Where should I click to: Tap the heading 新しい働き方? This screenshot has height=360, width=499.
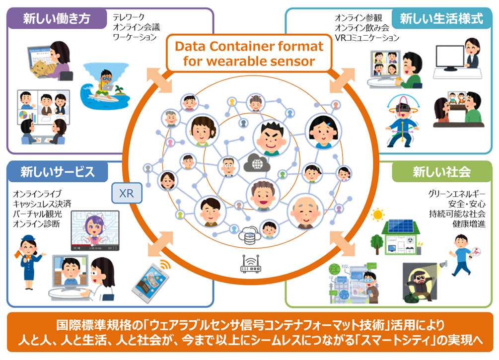[x=57, y=19]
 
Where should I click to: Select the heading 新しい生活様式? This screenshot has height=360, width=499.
[x=441, y=19]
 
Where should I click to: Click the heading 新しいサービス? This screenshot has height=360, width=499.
[x=57, y=172]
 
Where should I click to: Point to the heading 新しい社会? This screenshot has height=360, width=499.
[x=441, y=172]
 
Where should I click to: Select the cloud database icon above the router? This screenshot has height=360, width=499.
[x=248, y=235]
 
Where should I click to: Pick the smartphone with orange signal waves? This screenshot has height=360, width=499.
[x=148, y=281]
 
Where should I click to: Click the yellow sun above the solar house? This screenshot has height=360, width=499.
[x=378, y=215]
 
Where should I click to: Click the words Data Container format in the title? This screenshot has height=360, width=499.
[x=248, y=47]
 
